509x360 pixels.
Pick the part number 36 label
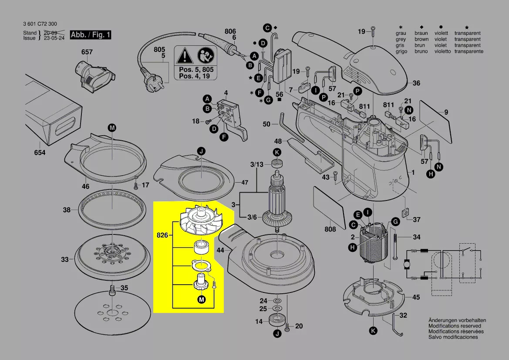pos(416,83)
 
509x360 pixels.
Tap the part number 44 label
pos(220,250)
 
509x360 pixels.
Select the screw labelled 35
pos(112,289)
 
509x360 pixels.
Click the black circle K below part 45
pos(373,331)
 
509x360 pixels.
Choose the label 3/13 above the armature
pos(256,164)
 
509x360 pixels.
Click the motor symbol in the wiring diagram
pos(407,265)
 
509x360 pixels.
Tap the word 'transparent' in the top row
pos(467,33)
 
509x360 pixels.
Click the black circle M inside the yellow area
pos(201,299)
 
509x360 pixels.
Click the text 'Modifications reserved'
pos(455,326)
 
